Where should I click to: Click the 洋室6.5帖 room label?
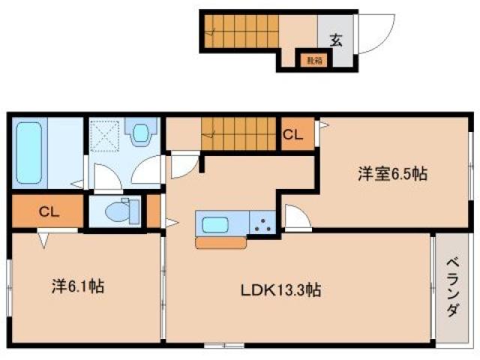[391, 175]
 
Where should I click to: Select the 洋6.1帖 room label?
[78, 286]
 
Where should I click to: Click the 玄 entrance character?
[334, 40]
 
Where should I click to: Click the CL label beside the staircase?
[293, 135]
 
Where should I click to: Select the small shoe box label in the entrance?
[310, 59]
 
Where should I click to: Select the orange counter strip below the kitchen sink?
[220, 242]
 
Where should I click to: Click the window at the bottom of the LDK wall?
[223, 345]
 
